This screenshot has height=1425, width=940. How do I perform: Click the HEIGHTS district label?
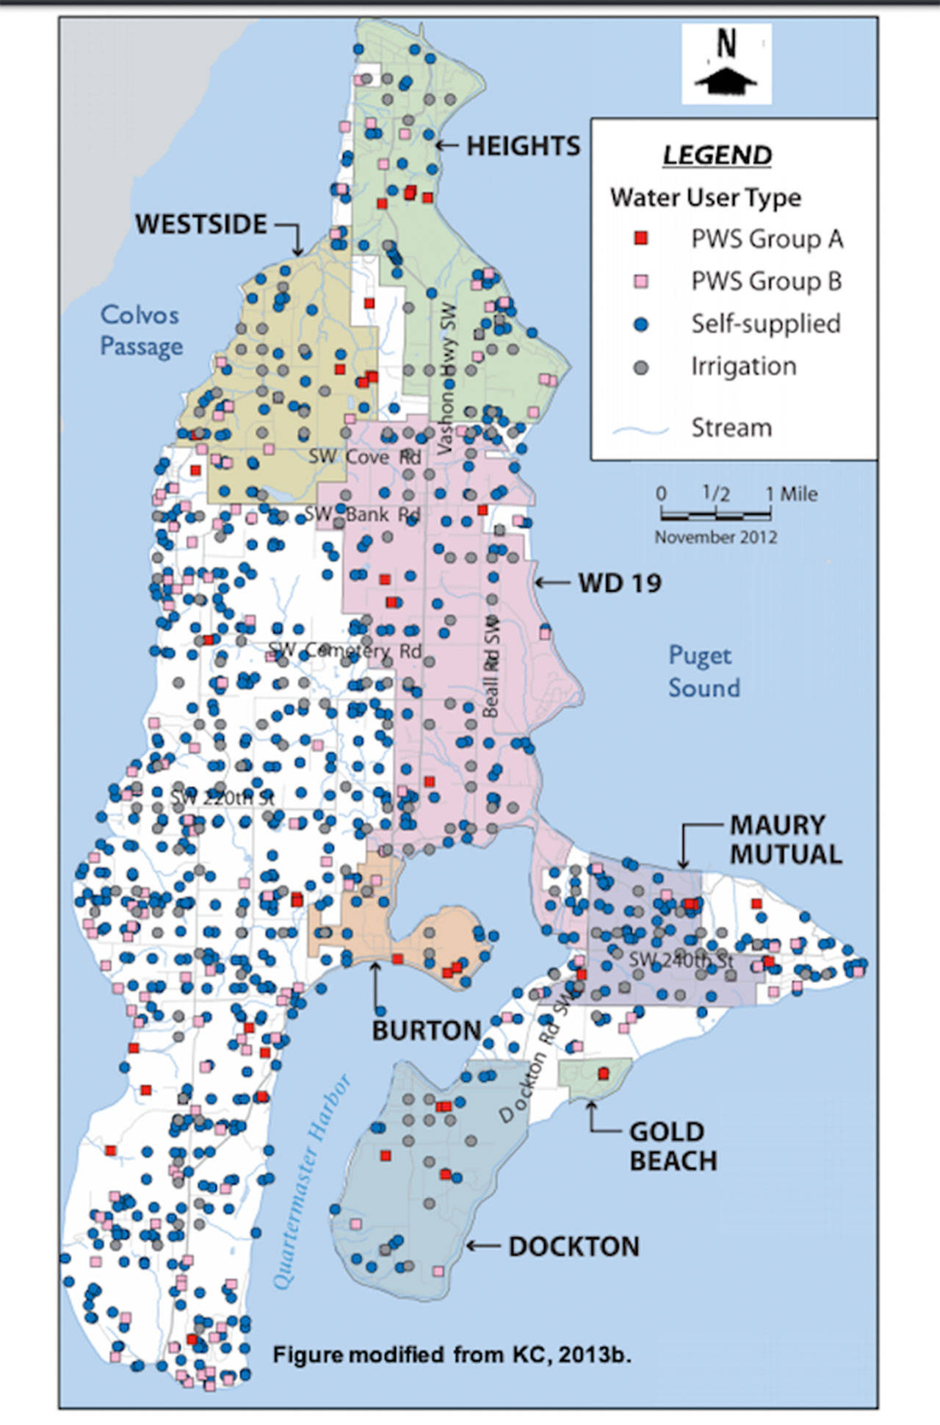523,146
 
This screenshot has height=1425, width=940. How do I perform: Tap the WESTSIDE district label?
200,224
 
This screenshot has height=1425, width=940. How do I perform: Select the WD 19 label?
620,583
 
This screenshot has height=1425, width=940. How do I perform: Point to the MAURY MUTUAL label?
785,840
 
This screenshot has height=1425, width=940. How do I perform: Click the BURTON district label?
426,1031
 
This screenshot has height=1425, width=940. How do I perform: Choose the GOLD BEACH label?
673,1146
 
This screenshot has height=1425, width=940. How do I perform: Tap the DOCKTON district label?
574,1247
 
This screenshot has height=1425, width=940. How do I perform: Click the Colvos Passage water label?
140,330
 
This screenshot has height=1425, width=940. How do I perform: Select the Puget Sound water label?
703,671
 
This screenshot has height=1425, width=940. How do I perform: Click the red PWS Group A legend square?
641,239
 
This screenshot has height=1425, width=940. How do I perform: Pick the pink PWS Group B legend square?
641,281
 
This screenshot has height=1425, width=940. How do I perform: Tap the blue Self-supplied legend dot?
641,324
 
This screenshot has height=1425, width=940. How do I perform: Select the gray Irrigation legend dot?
641,367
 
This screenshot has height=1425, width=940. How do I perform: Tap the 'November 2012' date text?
715,538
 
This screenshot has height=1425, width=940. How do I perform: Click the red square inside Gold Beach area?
604,1074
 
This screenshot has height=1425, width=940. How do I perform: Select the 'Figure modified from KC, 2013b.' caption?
452,1354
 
